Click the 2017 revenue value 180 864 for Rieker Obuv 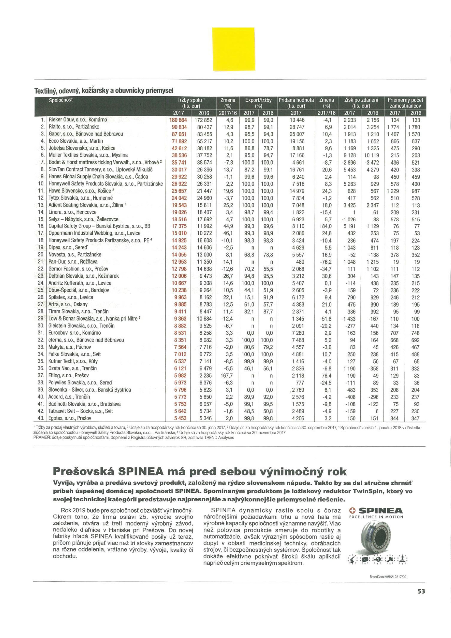click(x=178, y=120)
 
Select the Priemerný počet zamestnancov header click(x=405, y=103)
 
